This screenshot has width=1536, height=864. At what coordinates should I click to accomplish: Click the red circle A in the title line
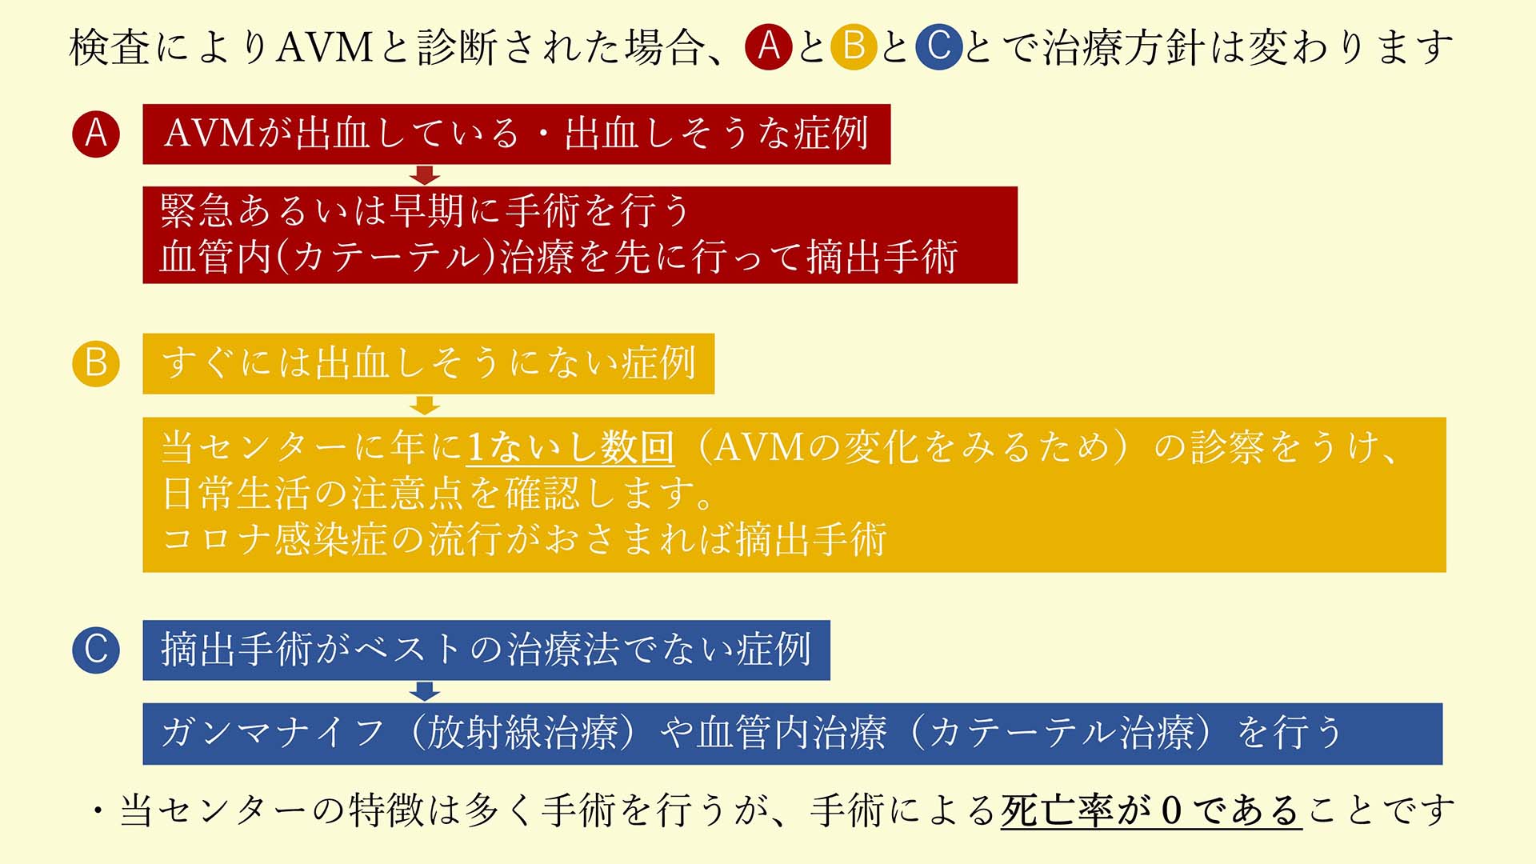(768, 46)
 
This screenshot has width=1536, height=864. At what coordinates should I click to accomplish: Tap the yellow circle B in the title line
(854, 46)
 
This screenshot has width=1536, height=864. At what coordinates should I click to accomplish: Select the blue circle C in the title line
(938, 46)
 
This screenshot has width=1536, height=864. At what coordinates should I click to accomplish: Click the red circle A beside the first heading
(96, 134)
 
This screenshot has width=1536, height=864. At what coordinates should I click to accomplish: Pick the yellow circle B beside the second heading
(96, 363)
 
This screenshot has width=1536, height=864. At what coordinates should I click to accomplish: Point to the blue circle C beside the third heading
(96, 650)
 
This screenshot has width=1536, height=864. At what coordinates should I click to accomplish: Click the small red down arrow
(425, 175)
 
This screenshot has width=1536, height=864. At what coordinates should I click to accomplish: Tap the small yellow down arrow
(425, 405)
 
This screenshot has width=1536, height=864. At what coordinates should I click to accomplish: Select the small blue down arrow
(425, 691)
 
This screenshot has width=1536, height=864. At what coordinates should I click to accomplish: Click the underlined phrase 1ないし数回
(570, 446)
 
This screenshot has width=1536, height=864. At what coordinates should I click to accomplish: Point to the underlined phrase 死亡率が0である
(1151, 810)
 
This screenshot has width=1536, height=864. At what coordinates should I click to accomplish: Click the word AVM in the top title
(325, 47)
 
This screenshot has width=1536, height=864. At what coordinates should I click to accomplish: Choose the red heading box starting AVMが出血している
(517, 134)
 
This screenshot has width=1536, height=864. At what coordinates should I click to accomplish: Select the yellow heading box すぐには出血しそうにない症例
(429, 363)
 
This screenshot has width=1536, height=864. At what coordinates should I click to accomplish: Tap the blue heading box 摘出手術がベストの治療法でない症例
(486, 650)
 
